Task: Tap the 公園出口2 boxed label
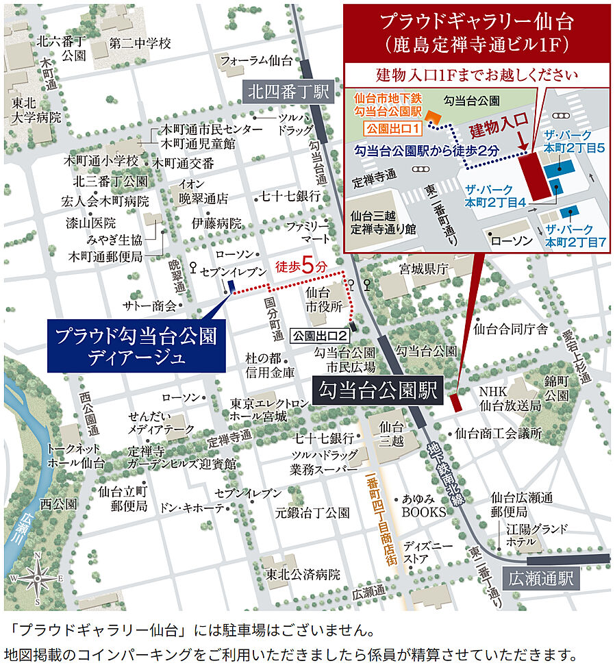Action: click(x=321, y=336)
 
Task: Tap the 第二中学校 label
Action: click(x=140, y=44)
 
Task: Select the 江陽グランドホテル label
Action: click(x=537, y=535)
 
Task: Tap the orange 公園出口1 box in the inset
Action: click(x=386, y=128)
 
